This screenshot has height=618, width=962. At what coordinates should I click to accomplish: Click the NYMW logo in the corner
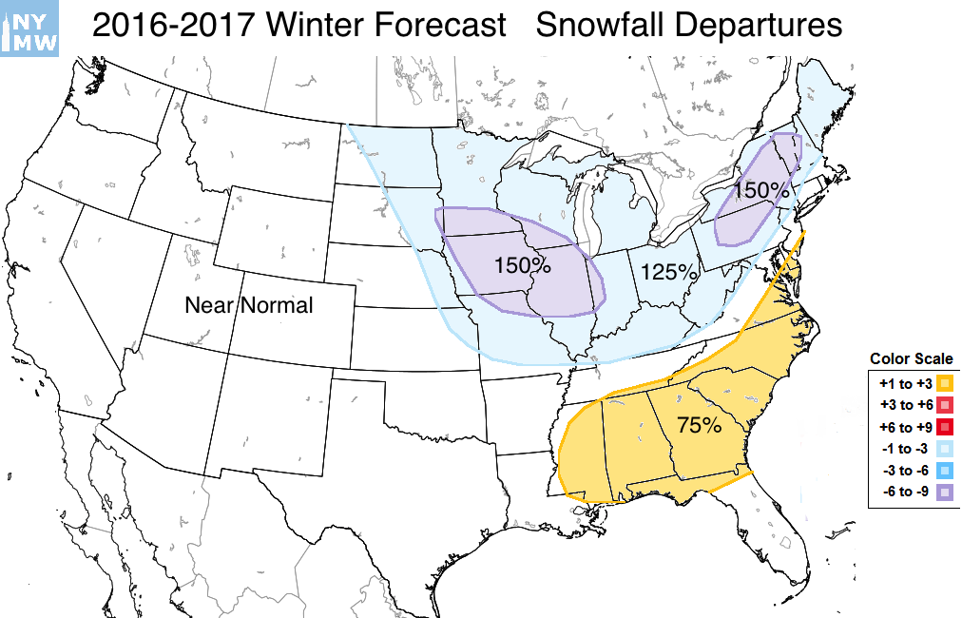point(29,28)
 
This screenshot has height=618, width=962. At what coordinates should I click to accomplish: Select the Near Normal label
point(249,305)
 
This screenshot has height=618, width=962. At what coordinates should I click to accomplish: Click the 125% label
point(668,272)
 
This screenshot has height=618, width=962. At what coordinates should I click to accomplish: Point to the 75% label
point(699,425)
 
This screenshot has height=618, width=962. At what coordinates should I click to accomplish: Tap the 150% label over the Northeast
point(761,190)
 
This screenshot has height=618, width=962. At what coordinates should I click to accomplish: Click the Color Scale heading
point(911,359)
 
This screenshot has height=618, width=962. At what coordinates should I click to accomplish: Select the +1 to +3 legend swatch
point(944,383)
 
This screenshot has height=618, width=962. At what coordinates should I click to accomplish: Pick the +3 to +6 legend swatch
point(944,405)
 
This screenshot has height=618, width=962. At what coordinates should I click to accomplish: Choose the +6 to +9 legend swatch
point(944,426)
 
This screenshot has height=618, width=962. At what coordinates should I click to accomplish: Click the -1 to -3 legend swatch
point(944,448)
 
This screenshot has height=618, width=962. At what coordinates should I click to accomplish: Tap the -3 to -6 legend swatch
point(944,470)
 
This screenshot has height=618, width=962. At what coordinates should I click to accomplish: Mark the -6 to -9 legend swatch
point(944,492)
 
